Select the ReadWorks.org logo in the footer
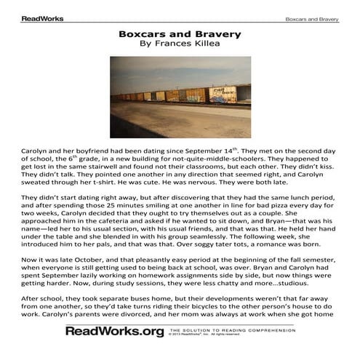pos(114,332)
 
